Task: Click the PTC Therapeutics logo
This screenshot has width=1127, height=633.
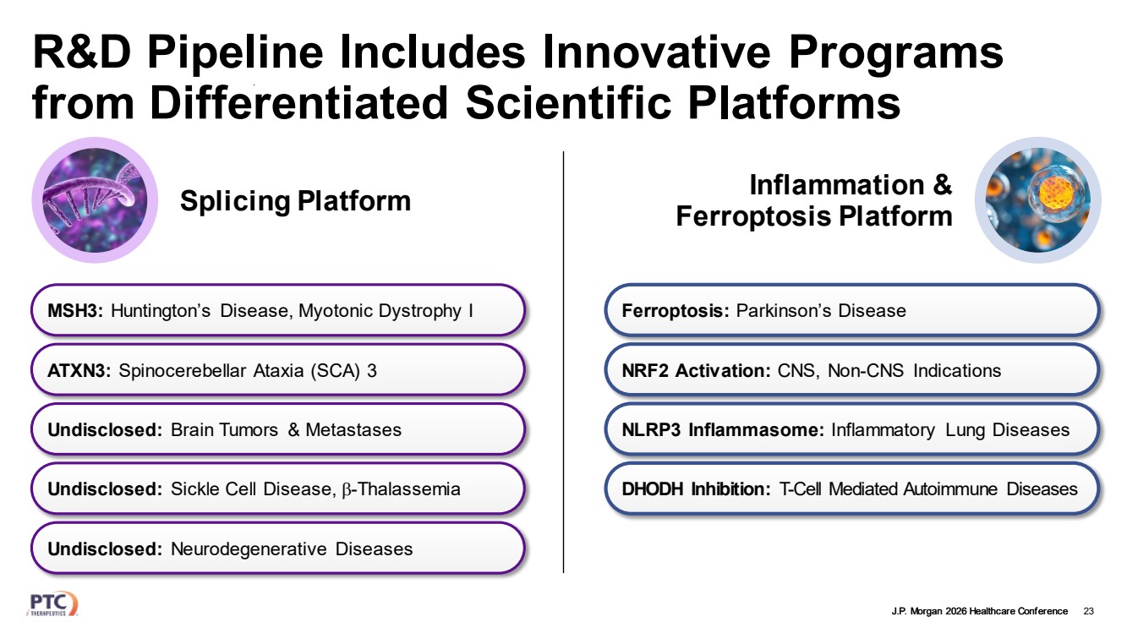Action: pos(52,603)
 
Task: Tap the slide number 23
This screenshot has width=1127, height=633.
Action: pos(1088,611)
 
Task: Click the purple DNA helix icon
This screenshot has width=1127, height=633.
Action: pos(95,200)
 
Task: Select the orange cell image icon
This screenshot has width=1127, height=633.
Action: pos(1038,200)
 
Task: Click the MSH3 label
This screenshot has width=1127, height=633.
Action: pos(75,311)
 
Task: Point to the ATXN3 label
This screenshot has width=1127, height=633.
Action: pos(79,370)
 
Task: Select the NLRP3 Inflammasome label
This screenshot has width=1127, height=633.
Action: pos(723,430)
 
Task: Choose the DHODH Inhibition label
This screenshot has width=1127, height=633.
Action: pos(696,488)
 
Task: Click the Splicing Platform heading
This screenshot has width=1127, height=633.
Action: pos(295,201)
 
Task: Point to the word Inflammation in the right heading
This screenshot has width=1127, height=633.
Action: pos(837,184)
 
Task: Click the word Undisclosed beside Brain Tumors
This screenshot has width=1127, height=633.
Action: pos(105,430)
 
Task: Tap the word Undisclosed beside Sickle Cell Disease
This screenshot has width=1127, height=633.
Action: pos(105,488)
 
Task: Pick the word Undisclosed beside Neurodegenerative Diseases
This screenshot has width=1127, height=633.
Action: pos(105,548)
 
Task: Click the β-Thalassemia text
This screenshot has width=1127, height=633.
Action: pos(401,489)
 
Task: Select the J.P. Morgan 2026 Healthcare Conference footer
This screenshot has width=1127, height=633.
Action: pos(980,611)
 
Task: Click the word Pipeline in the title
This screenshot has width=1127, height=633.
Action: pos(235,53)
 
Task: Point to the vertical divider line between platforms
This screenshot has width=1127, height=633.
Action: pos(563,362)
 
